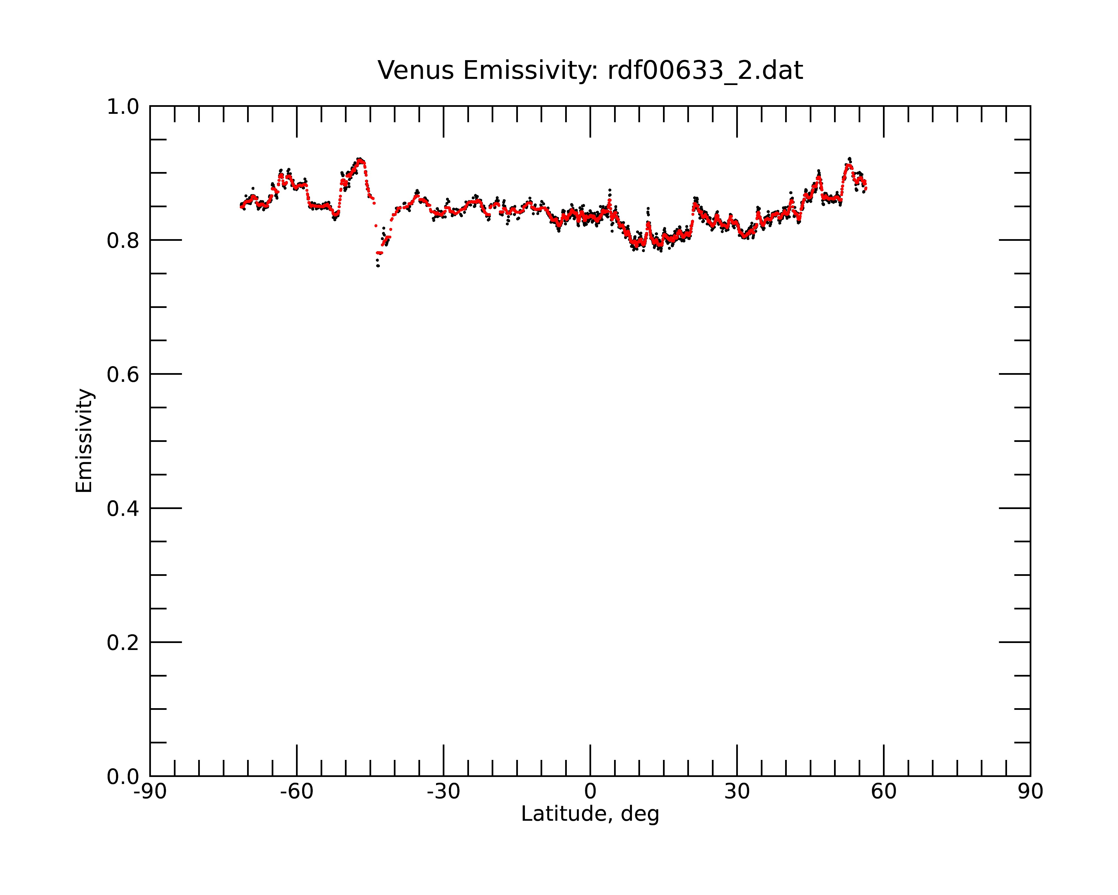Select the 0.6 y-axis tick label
click(x=123, y=375)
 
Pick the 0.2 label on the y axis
click(x=123, y=643)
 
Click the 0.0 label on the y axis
click(x=123, y=777)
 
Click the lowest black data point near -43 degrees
click(x=378, y=266)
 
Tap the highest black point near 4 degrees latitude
click(x=610, y=190)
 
